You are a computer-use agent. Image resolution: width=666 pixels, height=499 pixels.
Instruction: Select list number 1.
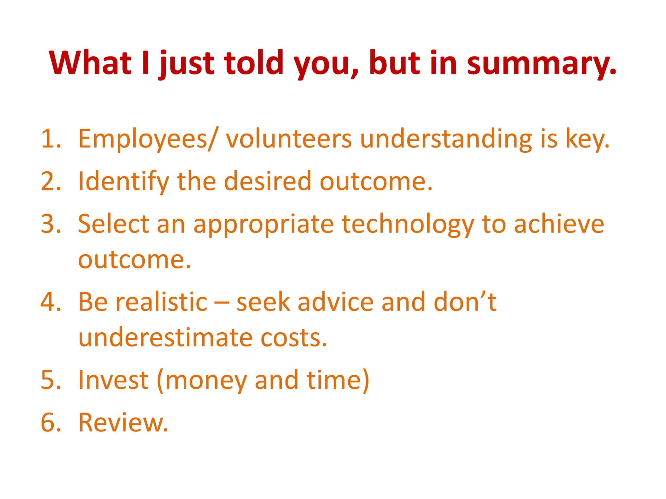point(51,139)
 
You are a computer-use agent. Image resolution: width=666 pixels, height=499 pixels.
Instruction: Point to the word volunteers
point(289,139)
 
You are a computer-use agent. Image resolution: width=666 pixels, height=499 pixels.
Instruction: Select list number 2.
point(51,181)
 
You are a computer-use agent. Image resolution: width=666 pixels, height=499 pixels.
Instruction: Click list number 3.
point(51,224)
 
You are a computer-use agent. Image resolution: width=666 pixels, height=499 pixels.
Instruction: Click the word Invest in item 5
point(113,380)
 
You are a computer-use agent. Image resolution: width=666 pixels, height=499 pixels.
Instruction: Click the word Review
point(123,422)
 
